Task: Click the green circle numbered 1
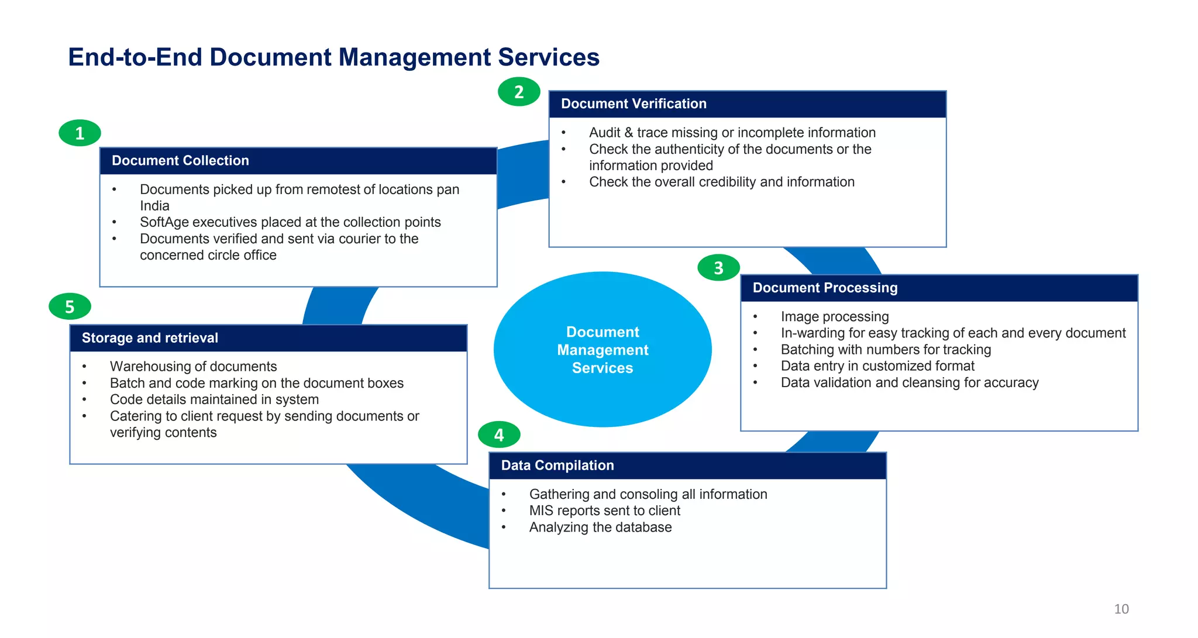(80, 133)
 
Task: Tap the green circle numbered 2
(519, 92)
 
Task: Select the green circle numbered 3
(718, 268)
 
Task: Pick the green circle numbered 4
(499, 434)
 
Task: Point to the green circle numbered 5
(70, 306)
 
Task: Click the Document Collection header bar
(298, 161)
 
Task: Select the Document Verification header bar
(747, 104)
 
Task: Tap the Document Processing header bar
(938, 288)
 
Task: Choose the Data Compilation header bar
(687, 465)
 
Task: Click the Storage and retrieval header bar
(268, 338)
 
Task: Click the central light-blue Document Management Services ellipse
(603, 350)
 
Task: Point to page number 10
(1121, 609)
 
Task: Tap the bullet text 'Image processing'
(834, 316)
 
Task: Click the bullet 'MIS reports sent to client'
(604, 511)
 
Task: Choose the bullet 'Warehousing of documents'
(193, 366)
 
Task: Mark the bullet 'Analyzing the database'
(600, 527)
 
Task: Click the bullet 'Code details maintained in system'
(214, 399)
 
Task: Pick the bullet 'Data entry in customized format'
(877, 366)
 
